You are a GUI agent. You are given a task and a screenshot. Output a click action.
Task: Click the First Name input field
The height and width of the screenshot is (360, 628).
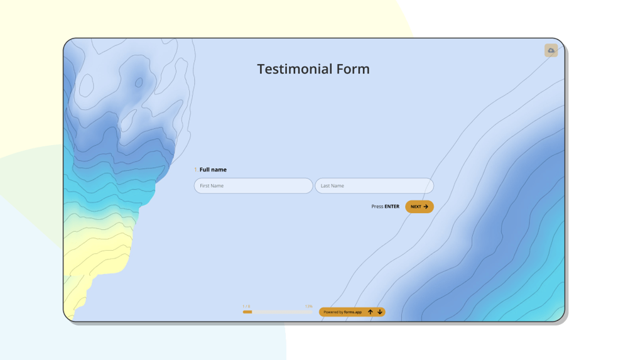253,186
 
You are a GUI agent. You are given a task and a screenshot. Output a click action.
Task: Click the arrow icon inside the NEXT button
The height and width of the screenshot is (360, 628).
426,207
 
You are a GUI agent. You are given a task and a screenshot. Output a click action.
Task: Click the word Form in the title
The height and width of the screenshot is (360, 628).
352,69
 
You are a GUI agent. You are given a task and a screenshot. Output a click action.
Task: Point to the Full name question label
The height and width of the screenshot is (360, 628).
213,170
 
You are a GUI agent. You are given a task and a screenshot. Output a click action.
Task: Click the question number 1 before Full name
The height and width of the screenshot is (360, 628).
196,170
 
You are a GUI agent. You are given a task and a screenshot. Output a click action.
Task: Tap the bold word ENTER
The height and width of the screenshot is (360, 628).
392,207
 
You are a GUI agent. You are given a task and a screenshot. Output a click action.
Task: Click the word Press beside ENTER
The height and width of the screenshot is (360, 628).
377,207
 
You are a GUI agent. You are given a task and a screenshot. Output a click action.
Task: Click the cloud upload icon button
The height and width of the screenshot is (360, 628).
551,50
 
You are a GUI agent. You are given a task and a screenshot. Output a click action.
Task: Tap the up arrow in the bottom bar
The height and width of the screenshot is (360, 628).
371,312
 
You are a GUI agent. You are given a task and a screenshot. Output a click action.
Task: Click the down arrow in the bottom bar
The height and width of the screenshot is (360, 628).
380,312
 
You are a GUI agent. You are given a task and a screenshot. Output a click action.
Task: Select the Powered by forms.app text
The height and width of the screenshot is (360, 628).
342,312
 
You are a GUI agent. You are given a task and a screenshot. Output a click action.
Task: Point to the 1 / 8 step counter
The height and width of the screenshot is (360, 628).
246,307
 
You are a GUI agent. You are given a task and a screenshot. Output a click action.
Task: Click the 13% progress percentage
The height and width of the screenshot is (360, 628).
308,307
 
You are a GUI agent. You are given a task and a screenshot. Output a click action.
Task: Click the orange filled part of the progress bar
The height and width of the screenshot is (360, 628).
247,312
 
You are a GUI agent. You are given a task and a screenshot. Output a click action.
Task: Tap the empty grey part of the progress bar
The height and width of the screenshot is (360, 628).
283,312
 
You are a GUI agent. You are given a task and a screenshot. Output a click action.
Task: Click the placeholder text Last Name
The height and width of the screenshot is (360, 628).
332,186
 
